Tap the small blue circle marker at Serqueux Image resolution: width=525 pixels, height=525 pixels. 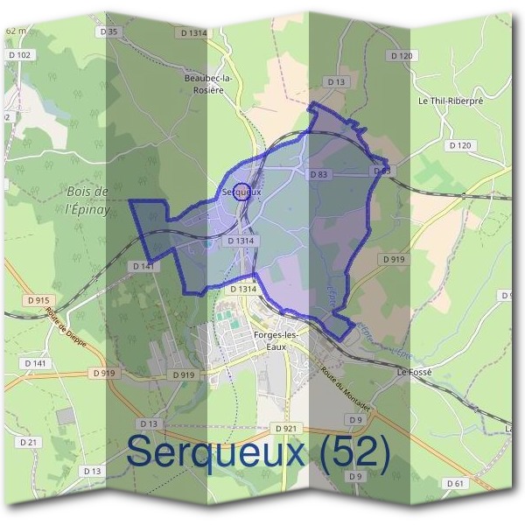pos(242,192)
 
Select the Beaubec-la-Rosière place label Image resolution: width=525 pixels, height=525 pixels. pos(208,83)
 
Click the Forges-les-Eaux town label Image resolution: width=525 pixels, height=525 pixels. pos(276,340)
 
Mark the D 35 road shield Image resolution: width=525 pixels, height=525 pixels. pos(108,31)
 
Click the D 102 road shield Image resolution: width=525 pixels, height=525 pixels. pos(23,55)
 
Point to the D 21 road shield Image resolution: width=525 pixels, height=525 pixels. pos(29,442)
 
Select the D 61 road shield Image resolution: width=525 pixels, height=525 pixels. pos(454,483)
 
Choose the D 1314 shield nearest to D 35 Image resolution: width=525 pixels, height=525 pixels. pos(194,32)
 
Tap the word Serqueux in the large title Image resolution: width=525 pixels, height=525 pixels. pos(215,451)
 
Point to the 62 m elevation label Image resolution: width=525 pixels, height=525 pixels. pos(16,31)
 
